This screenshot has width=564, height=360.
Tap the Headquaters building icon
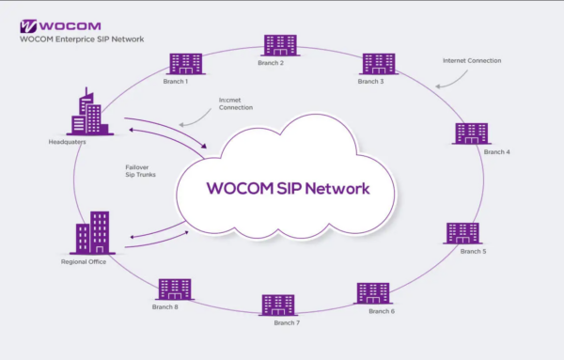coord(89,113)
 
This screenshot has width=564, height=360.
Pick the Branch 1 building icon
coord(184,64)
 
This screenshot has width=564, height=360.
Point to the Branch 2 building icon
coord(279,44)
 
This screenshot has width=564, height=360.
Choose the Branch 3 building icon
coord(379,64)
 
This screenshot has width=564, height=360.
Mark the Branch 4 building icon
coord(470,133)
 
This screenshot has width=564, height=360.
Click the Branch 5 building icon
coord(462,232)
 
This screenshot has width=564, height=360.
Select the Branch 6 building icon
coord(372,292)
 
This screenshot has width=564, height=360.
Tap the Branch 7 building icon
coord(278,305)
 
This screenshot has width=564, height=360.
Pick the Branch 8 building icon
coord(175,289)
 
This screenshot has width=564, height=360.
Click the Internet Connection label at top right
coord(471,60)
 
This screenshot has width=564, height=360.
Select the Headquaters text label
coord(67,142)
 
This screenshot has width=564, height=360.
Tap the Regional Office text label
coord(84,261)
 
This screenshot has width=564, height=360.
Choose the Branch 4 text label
coord(497,151)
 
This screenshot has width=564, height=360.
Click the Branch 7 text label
coord(287,323)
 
